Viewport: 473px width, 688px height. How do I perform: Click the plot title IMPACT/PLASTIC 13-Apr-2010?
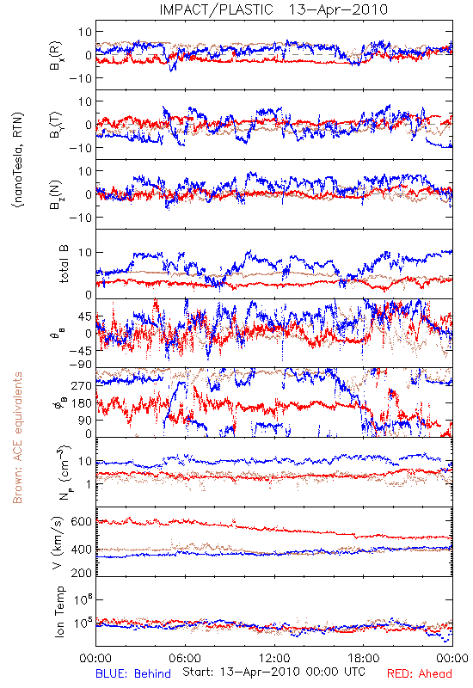(x=273, y=9)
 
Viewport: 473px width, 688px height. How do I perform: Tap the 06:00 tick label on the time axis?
(x=185, y=659)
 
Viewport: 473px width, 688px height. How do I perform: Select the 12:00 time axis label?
(x=274, y=659)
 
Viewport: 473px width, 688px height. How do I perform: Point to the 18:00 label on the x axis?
(x=363, y=659)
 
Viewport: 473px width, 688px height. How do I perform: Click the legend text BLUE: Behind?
(x=133, y=674)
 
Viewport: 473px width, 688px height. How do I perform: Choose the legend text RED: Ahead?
(x=419, y=674)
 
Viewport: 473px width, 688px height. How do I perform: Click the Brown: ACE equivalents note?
(x=17, y=438)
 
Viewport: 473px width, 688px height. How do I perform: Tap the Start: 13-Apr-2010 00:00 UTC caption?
(x=273, y=672)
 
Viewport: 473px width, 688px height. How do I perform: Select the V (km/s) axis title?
(x=58, y=543)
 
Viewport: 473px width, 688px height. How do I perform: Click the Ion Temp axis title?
(x=59, y=611)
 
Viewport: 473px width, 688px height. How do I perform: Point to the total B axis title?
(x=64, y=264)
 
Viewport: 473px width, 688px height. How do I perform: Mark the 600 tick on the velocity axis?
(x=82, y=521)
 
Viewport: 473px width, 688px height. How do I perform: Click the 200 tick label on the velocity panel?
(x=82, y=573)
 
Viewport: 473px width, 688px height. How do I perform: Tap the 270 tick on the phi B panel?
(x=82, y=385)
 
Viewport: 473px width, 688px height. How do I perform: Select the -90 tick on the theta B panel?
(x=80, y=364)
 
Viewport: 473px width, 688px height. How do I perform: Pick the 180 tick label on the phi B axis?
(x=82, y=403)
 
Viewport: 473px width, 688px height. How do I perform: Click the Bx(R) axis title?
(x=56, y=55)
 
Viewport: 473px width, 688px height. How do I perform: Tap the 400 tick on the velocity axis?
(x=82, y=550)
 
